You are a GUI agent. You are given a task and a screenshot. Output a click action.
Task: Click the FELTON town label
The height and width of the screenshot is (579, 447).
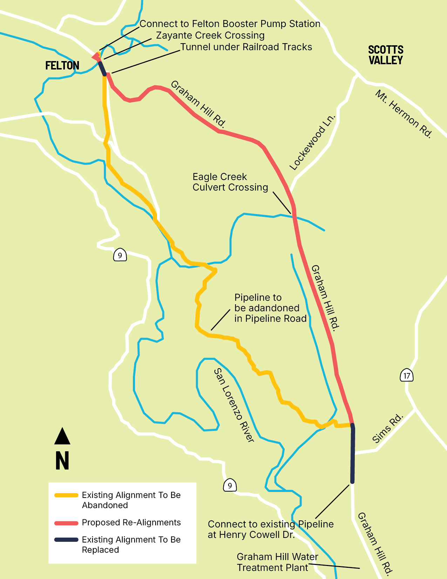tap(62, 66)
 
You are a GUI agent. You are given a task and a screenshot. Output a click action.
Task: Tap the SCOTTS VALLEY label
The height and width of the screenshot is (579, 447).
tap(386, 55)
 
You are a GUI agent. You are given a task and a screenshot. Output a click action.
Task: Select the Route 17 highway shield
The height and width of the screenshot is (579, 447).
tap(407, 376)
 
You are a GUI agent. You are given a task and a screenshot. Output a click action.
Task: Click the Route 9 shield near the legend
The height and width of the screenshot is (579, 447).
tap(230, 486)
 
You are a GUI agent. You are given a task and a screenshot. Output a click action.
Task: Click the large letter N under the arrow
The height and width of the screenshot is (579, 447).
tap(62, 460)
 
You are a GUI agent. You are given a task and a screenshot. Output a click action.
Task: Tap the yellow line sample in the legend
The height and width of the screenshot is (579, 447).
tap(66, 495)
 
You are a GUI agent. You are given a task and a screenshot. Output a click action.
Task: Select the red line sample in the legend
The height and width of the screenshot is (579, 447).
tap(66, 523)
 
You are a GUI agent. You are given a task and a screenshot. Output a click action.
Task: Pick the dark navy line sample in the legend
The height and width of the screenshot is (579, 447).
tap(66, 540)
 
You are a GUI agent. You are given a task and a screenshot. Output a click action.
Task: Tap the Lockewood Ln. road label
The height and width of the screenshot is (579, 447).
tap(312, 143)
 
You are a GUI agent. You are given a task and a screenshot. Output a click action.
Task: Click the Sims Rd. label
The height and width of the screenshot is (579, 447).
tap(387, 428)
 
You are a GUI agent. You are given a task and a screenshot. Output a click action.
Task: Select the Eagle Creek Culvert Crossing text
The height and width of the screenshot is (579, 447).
tap(230, 182)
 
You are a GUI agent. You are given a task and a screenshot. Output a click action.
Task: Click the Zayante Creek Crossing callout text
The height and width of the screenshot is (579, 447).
tap(210, 35)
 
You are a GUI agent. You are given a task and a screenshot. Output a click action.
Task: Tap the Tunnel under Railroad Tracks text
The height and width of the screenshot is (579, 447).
tap(246, 47)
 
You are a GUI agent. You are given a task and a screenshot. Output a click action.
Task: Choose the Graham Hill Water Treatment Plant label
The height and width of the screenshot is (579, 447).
tap(277, 562)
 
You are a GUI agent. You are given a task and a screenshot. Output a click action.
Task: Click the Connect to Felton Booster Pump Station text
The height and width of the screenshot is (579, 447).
tap(230, 24)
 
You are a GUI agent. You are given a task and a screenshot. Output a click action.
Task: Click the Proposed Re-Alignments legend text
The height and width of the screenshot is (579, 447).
tap(131, 523)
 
